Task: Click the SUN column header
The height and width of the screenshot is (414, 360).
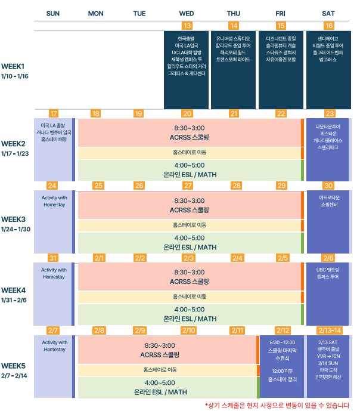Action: [52, 14]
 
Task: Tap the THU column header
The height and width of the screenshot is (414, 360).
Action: [234, 14]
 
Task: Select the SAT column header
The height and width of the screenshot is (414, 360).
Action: [328, 14]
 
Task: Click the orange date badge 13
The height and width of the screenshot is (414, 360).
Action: [187, 26]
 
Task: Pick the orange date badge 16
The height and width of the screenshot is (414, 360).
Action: [329, 26]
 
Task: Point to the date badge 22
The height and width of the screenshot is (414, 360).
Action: [281, 113]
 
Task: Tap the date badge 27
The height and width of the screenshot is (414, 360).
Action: [188, 186]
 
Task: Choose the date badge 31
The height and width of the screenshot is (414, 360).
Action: [53, 258]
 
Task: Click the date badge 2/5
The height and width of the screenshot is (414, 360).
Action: [283, 258]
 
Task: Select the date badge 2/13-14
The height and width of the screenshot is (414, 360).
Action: [330, 330]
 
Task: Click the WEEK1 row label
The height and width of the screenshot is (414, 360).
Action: [13, 66]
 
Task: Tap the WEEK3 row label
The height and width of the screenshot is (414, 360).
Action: [13, 220]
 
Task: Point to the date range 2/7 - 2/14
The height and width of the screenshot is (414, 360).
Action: [14, 376]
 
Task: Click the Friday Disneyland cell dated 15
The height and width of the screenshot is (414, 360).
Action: [281, 70]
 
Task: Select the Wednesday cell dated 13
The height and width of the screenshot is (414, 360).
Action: [186, 70]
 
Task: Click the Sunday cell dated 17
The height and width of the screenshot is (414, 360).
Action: [54, 150]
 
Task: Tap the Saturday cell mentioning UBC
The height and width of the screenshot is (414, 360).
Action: [328, 294]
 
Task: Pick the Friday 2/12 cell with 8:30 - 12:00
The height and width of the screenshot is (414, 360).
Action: [282, 366]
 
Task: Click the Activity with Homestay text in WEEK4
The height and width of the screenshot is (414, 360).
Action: [54, 273]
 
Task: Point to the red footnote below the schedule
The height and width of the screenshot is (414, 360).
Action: [277, 405]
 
